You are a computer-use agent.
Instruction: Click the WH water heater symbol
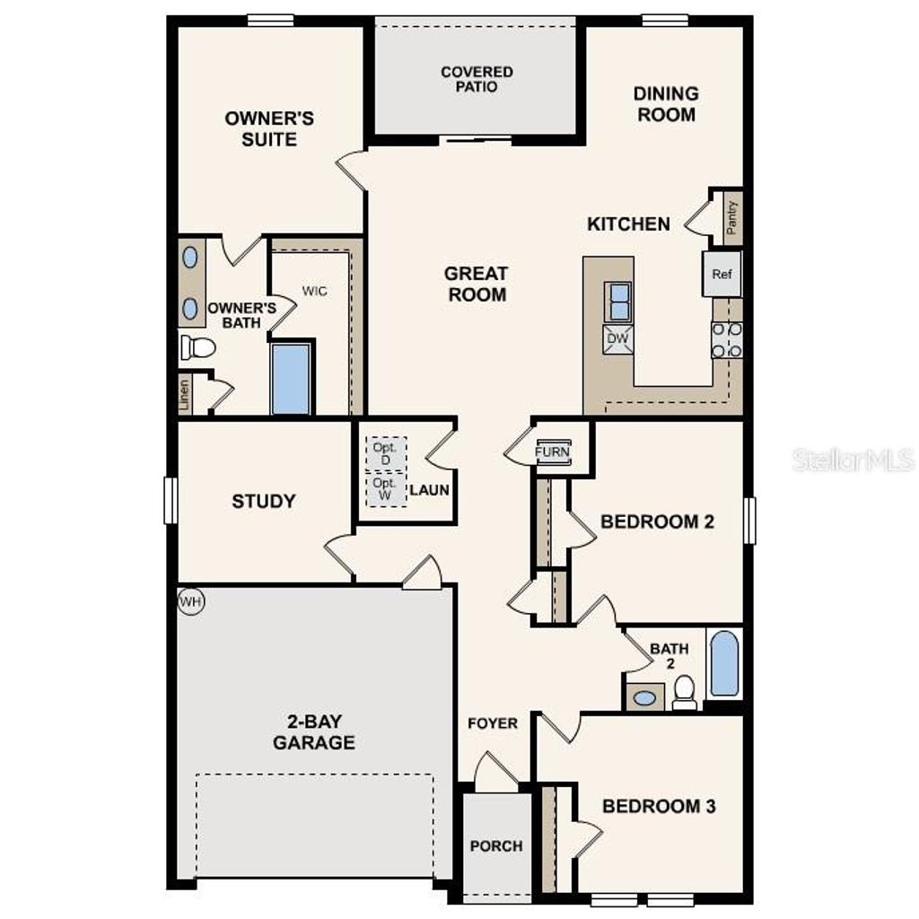[x=190, y=601]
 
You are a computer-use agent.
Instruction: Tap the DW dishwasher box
[x=618, y=338]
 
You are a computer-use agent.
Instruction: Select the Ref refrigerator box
[x=722, y=275]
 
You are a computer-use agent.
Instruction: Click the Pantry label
[x=732, y=217]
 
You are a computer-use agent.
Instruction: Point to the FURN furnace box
[x=552, y=451]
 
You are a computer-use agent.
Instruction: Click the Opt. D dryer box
[x=386, y=453]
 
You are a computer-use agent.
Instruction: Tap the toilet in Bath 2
[x=685, y=692]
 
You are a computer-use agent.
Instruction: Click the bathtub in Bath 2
[x=724, y=664]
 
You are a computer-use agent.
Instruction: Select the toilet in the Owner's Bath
[x=197, y=347]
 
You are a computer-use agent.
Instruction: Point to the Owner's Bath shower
[x=291, y=379]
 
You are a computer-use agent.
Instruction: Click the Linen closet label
[x=184, y=395]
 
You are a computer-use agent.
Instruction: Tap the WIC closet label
[x=314, y=291]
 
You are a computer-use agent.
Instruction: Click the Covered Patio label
[x=477, y=79]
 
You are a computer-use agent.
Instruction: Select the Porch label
[x=496, y=845]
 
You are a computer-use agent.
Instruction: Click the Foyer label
[x=493, y=722]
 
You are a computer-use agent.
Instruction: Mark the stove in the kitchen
[x=727, y=339]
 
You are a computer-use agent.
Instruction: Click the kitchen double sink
[x=618, y=302]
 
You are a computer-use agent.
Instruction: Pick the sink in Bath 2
[x=643, y=697]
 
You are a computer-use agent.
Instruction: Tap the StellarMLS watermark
[x=853, y=460]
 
